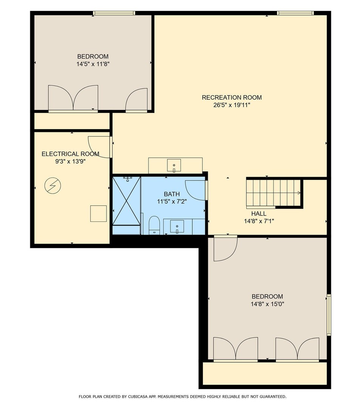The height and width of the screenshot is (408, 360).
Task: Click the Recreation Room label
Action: pos(232,97)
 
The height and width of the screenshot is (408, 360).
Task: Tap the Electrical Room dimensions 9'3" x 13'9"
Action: pos(71,161)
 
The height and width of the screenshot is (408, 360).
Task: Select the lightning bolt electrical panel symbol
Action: pos(53,186)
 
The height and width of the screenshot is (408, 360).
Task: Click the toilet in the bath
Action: pos(154,225)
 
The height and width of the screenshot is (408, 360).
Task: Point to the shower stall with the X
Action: pos(127,201)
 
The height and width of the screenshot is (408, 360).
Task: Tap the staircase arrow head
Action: pos(299,193)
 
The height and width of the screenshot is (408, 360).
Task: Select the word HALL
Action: pos(259,213)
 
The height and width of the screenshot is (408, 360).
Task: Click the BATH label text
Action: pos(172,194)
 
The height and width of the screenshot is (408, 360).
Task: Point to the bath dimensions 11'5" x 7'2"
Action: pos(172,201)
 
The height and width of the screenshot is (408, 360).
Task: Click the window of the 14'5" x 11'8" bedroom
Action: pos(114,13)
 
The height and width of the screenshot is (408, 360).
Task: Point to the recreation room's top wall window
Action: pos(295,13)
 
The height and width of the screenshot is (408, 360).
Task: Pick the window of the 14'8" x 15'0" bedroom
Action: pos(329,315)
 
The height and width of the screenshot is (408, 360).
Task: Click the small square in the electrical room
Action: pos(98,213)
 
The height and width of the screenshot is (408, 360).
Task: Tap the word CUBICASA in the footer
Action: pos(138,397)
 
